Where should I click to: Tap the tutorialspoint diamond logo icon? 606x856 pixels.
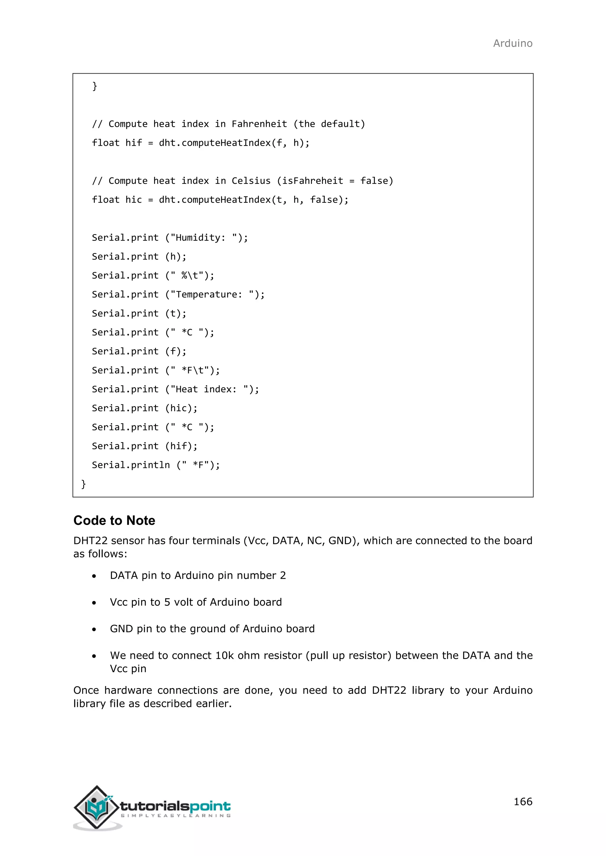tap(97, 807)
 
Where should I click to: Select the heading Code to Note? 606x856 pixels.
tap(114, 520)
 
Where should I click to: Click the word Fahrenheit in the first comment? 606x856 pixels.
tap(259, 124)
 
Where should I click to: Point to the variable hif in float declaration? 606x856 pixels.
tap(133, 143)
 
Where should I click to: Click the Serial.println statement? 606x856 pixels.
tap(156, 465)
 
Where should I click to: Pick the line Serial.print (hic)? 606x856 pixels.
tap(144, 408)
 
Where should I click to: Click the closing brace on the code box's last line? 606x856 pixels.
tap(83, 484)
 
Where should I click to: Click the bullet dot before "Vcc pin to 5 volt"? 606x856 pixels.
tap(94, 603)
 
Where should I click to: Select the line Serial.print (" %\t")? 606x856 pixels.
tap(153, 275)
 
